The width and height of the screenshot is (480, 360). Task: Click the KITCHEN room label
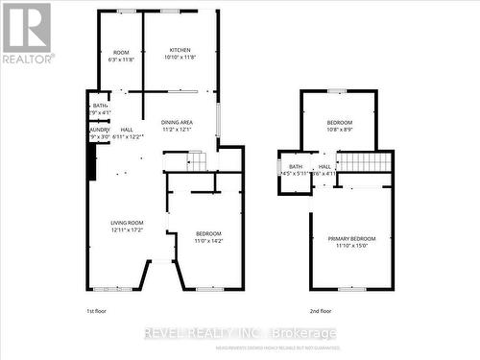tap(180, 50)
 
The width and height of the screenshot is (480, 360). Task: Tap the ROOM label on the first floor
tap(121, 52)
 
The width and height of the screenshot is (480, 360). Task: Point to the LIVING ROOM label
tap(128, 223)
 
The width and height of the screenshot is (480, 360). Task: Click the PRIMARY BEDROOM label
tap(352, 239)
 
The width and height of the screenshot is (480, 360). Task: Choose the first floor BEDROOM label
tap(208, 234)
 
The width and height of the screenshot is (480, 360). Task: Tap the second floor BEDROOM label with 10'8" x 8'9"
tap(339, 123)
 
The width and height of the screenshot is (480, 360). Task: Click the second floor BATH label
tap(296, 166)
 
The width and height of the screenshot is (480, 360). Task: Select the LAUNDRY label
tap(99, 130)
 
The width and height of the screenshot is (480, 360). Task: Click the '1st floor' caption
tap(97, 311)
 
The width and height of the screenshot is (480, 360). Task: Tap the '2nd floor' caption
tap(320, 311)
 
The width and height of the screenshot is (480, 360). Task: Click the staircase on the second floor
tap(364, 161)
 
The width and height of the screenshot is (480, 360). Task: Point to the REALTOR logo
tap(27, 34)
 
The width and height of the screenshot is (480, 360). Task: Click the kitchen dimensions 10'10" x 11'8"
tap(180, 58)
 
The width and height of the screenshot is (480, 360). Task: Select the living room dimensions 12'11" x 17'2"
tap(128, 230)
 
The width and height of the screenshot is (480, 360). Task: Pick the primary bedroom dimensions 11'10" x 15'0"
tap(352, 246)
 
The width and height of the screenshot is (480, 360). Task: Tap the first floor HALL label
tap(127, 130)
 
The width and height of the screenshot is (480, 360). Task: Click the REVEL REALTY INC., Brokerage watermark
tap(240, 333)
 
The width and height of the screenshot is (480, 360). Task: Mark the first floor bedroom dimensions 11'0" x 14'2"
tap(208, 242)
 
